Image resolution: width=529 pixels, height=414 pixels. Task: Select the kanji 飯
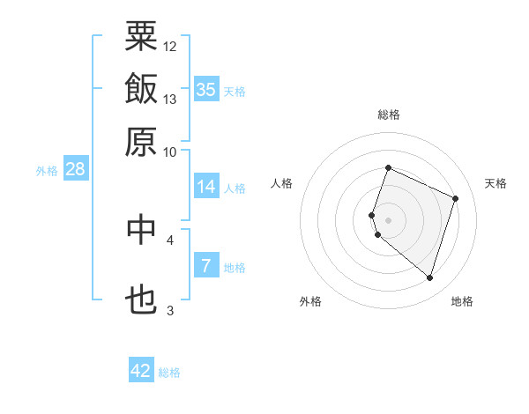[x=141, y=89]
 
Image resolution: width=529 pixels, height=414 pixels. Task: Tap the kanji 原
[x=141, y=141]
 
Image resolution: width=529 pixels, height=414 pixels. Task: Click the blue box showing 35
[x=206, y=89]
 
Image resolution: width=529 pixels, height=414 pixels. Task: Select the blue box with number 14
[x=206, y=187]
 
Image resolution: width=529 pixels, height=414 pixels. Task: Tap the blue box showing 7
[x=206, y=265]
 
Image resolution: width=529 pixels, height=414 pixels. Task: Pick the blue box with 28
[x=74, y=169]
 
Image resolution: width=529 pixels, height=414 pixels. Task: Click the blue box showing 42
[x=141, y=371]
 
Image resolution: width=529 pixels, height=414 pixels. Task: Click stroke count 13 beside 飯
[x=170, y=99]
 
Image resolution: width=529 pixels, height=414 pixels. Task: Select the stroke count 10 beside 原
[x=170, y=151]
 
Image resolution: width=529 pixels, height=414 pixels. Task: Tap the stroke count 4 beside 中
[x=170, y=239]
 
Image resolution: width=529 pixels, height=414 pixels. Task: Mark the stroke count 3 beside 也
[x=170, y=311]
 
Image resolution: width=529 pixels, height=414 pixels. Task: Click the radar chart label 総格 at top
[x=388, y=115]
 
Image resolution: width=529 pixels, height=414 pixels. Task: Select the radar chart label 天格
[x=495, y=183]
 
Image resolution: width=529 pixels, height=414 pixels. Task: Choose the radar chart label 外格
[x=310, y=301]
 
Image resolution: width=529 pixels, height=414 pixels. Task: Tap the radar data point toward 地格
[x=429, y=278]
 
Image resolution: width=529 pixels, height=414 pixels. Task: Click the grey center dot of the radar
[x=388, y=219]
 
